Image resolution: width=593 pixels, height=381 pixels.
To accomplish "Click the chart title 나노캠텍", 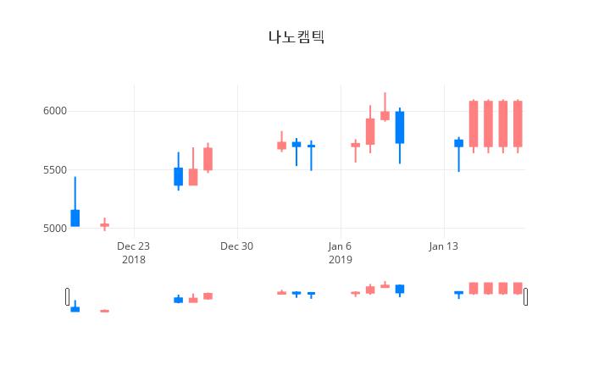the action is click(296, 37).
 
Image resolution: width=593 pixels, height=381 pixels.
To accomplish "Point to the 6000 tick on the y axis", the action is click(55, 111).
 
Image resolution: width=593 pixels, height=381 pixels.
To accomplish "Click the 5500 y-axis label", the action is click(55, 169).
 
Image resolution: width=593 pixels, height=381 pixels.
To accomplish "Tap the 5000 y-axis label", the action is click(55, 229).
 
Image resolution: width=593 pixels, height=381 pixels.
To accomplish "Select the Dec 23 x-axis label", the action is click(134, 246).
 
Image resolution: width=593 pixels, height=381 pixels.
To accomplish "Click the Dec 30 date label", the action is click(236, 246).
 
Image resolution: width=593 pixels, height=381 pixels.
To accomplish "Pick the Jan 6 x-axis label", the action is click(340, 246).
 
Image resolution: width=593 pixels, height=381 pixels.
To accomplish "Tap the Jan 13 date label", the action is click(443, 246).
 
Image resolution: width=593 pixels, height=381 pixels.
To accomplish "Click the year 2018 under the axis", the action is click(134, 260).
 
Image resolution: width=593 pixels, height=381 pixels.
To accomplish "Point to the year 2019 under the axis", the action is click(340, 260).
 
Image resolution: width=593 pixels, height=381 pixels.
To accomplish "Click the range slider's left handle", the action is click(67, 296).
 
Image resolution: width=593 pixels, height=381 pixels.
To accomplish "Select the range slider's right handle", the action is click(526, 296).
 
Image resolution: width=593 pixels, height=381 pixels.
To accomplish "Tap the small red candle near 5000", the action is click(105, 225).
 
